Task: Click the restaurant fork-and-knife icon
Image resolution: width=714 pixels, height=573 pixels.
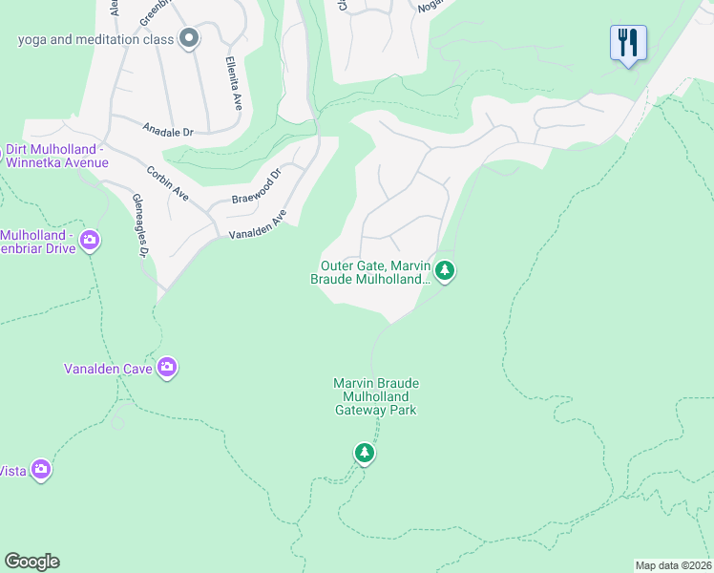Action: click(x=628, y=43)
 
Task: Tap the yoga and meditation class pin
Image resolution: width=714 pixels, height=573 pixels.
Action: click(x=189, y=39)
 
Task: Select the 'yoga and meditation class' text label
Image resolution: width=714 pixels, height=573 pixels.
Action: click(x=95, y=39)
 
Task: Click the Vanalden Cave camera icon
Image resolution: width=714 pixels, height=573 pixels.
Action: click(x=167, y=367)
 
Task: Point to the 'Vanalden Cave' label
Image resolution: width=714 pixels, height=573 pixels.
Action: click(x=107, y=368)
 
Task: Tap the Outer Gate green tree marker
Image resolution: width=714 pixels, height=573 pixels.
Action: click(x=445, y=272)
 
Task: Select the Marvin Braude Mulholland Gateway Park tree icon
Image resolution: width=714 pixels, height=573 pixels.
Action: click(x=364, y=452)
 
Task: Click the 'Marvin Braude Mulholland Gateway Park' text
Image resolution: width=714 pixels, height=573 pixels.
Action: click(x=376, y=396)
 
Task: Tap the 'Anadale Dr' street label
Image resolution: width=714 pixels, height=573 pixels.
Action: click(x=168, y=131)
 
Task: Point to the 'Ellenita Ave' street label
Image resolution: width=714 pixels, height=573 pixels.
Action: click(x=232, y=83)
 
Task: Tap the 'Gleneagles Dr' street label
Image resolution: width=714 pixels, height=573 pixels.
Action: click(x=140, y=225)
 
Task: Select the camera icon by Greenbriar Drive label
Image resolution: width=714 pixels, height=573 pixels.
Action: click(x=90, y=239)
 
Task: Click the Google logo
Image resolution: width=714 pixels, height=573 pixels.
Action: click(x=31, y=562)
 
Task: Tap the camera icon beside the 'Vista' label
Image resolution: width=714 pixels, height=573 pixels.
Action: click(x=40, y=469)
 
